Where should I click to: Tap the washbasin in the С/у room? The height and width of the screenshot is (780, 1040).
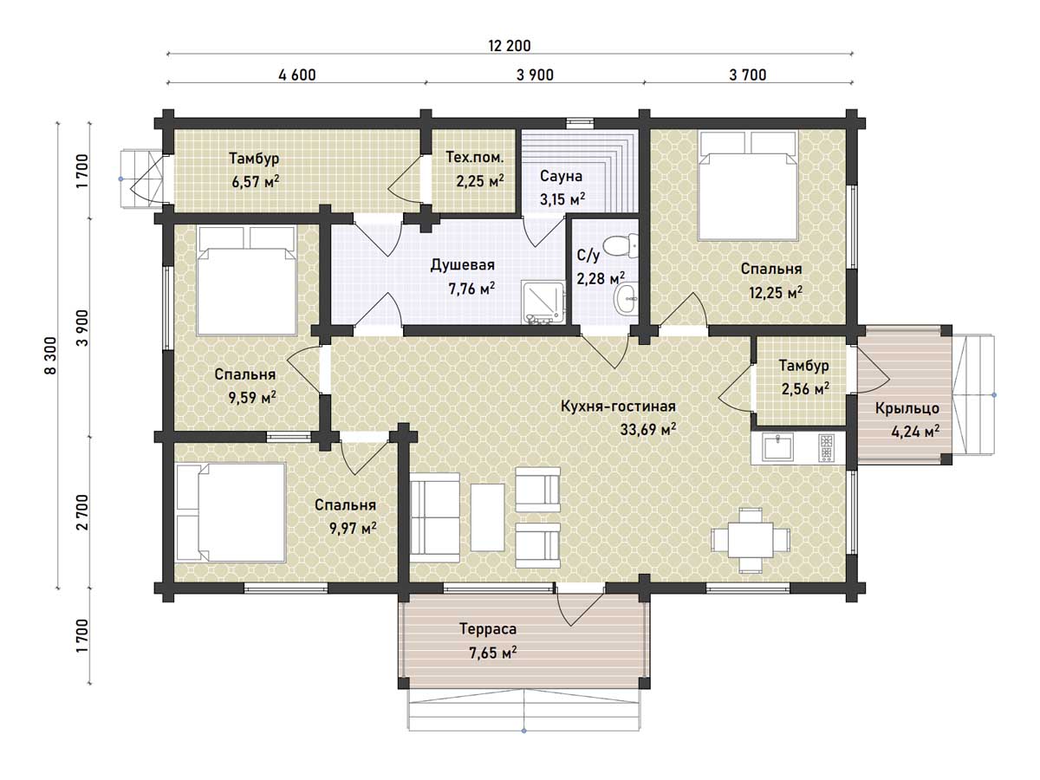click(626, 299)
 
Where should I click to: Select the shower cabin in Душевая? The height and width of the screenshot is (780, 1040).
click(544, 302)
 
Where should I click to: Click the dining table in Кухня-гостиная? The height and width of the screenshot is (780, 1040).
click(750, 540)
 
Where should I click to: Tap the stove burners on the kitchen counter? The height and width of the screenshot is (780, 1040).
click(825, 448)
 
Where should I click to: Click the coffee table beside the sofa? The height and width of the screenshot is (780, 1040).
click(488, 517)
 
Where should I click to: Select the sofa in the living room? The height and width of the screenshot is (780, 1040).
click(434, 517)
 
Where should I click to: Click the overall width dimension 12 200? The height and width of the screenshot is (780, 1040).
click(510, 46)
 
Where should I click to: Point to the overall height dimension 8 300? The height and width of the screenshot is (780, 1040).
click(50, 355)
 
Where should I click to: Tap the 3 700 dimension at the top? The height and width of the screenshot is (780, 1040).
click(748, 75)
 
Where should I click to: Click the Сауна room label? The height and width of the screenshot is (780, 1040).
click(561, 176)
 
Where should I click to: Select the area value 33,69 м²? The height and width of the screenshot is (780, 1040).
click(647, 429)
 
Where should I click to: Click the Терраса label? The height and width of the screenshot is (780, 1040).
click(488, 629)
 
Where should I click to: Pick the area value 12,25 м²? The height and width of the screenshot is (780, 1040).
click(776, 292)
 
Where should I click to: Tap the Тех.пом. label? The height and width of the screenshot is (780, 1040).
click(474, 157)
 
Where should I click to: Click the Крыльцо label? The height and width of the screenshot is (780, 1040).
click(907, 408)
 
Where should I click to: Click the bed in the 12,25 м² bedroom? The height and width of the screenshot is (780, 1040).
click(748, 185)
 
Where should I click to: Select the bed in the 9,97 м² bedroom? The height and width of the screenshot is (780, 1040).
click(231, 512)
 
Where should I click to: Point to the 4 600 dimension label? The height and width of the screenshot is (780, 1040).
click(297, 75)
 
